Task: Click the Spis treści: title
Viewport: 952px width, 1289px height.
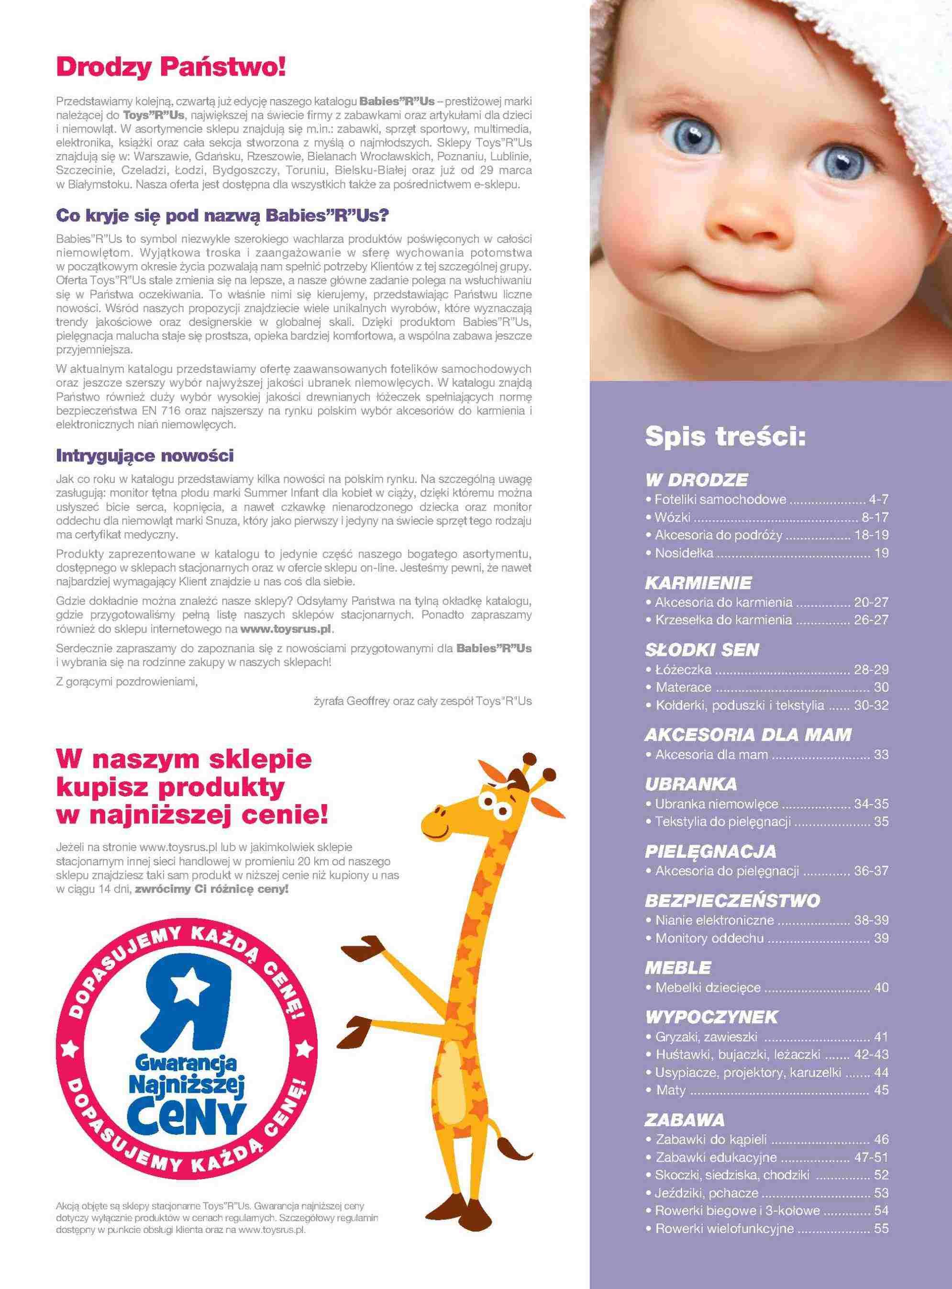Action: (726, 437)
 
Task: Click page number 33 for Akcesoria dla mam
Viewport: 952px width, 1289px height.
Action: (881, 755)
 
